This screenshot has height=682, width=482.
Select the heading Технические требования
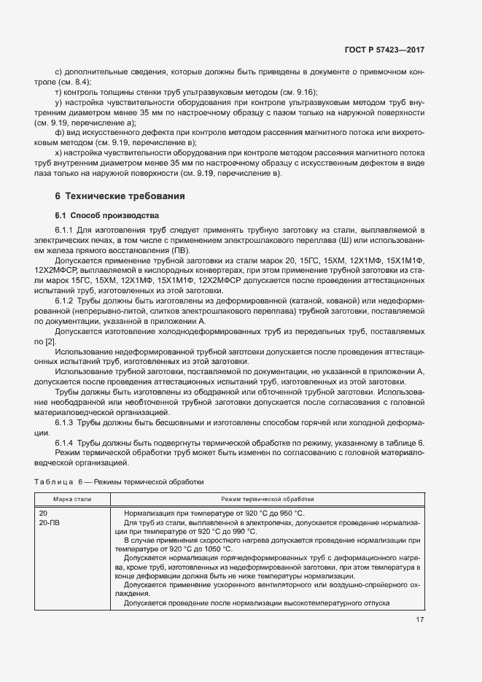click(125, 196)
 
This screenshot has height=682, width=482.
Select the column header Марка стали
click(73, 500)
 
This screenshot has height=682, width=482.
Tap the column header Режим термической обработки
click(267, 500)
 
